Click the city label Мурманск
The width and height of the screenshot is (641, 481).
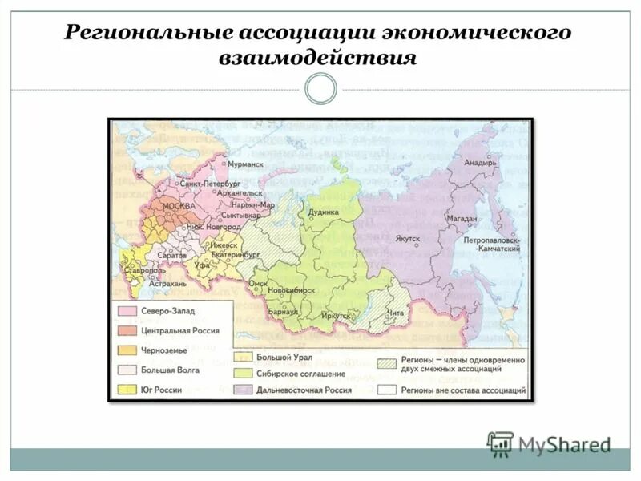click(x=245, y=164)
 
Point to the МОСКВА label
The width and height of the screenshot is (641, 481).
click(x=179, y=207)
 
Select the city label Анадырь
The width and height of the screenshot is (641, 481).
click(x=481, y=162)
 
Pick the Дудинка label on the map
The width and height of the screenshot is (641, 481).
click(x=325, y=212)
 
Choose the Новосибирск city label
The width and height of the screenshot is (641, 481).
click(x=291, y=290)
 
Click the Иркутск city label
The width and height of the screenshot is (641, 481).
click(x=336, y=316)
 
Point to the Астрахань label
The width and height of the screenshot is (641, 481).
click(x=167, y=283)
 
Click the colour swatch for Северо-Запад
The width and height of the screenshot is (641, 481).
click(x=126, y=311)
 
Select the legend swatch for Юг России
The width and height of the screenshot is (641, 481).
click(x=126, y=390)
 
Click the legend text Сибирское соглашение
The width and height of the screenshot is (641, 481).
click(x=300, y=374)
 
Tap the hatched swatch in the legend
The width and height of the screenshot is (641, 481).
click(x=390, y=362)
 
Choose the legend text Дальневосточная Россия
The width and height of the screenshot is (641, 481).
click(x=304, y=390)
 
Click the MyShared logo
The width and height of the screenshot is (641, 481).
click(x=550, y=443)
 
